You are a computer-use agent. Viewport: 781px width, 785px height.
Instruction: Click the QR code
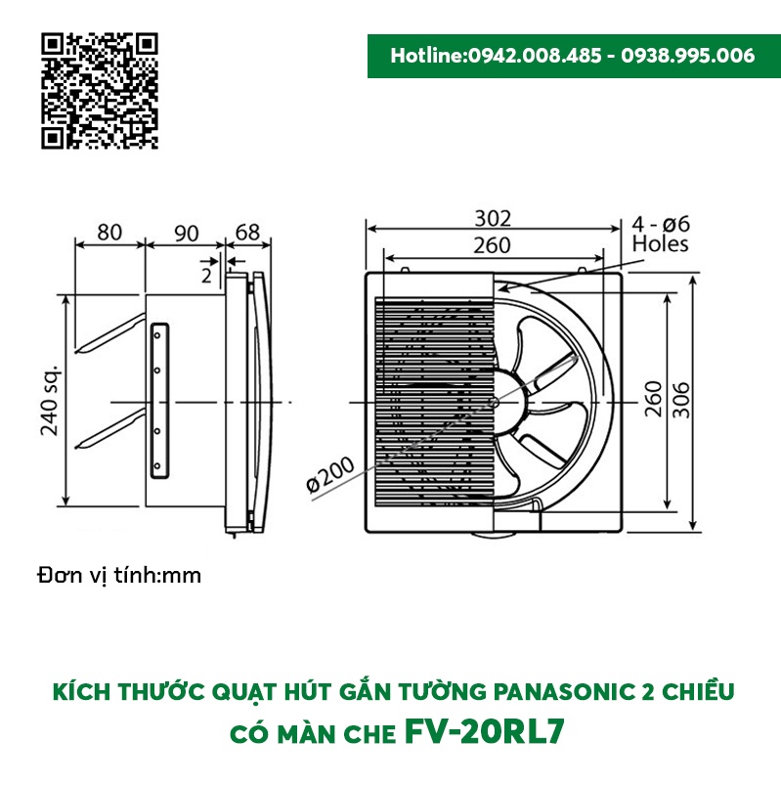100,90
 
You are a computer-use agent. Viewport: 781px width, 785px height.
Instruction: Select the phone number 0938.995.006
688,56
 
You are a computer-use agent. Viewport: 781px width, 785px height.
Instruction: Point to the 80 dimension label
109,233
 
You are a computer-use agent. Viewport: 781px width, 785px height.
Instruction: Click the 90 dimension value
186,233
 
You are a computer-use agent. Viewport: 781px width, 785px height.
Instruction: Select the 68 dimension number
248,233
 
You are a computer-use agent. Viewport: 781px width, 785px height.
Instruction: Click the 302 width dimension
495,219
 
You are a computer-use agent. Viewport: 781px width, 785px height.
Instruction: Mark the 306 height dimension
680,399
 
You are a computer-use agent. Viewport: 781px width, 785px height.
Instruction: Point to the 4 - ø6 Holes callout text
660,233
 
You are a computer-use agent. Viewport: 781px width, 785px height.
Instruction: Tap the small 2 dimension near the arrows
206,276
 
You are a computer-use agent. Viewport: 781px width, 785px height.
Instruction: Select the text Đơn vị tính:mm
119,575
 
